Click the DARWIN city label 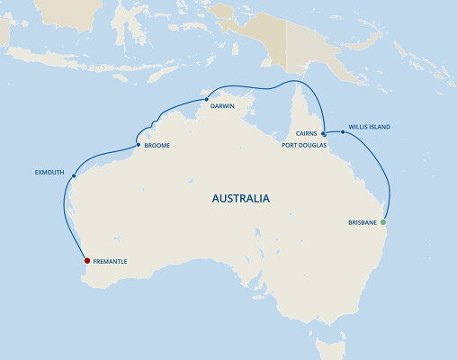click(223, 105)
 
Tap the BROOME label click(157, 145)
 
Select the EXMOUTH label click(49, 168)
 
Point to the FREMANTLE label click(110, 262)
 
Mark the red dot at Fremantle click(87, 262)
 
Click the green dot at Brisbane click(383, 221)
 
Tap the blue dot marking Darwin click(206, 98)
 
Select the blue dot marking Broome click(138, 144)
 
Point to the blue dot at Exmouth click(70, 177)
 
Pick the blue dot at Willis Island click(344, 131)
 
